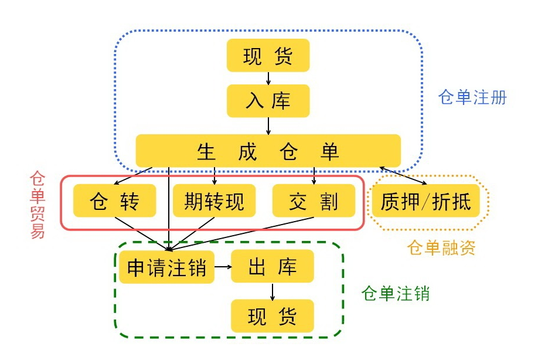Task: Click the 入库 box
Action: point(268,101)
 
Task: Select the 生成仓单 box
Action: point(268,151)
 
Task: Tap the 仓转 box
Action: point(114,201)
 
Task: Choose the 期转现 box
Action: point(214,201)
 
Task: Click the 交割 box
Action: point(314,201)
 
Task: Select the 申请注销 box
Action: point(167,267)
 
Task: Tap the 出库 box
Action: point(273,267)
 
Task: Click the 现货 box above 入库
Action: point(268,57)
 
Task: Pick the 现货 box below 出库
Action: point(273,317)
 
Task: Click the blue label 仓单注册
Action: point(472,97)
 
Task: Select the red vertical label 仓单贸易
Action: point(38,205)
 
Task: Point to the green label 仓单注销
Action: point(396,293)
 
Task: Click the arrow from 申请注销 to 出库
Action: point(223,267)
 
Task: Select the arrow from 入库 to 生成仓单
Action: point(268,125)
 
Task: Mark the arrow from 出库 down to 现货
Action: point(273,291)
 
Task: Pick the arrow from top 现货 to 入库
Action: point(268,79)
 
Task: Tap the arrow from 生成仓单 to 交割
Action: point(314,175)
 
